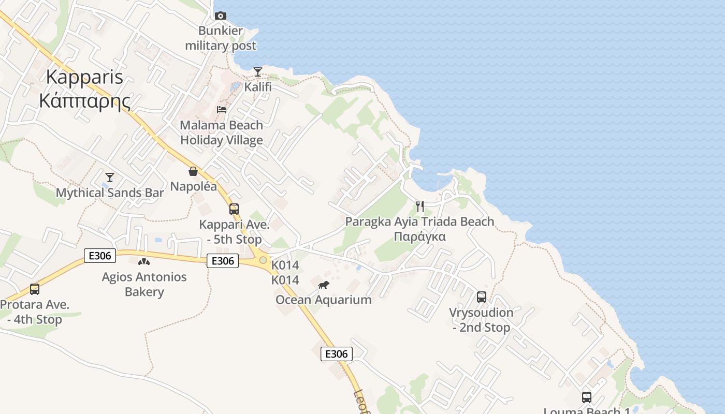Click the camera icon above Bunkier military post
[x=221, y=16]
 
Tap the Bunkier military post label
[x=221, y=38]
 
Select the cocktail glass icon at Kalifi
[x=258, y=71]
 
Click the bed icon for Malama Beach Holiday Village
[x=222, y=110]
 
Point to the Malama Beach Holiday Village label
[x=222, y=132]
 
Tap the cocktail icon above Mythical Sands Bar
[x=109, y=178]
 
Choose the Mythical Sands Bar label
[x=110, y=193]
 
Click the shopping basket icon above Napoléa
[x=193, y=171]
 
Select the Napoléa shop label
[x=194, y=186]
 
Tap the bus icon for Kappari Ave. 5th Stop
[x=234, y=209]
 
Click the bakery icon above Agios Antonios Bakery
[x=144, y=262]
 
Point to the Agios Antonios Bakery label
[x=144, y=284]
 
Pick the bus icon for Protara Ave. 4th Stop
[x=35, y=289]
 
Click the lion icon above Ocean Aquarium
[x=324, y=285]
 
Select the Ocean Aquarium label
[x=324, y=300]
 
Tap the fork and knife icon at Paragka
[x=420, y=206]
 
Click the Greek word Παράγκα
[x=420, y=237]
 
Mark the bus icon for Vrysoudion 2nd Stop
[x=482, y=297]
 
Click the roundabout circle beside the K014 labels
[x=263, y=260]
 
